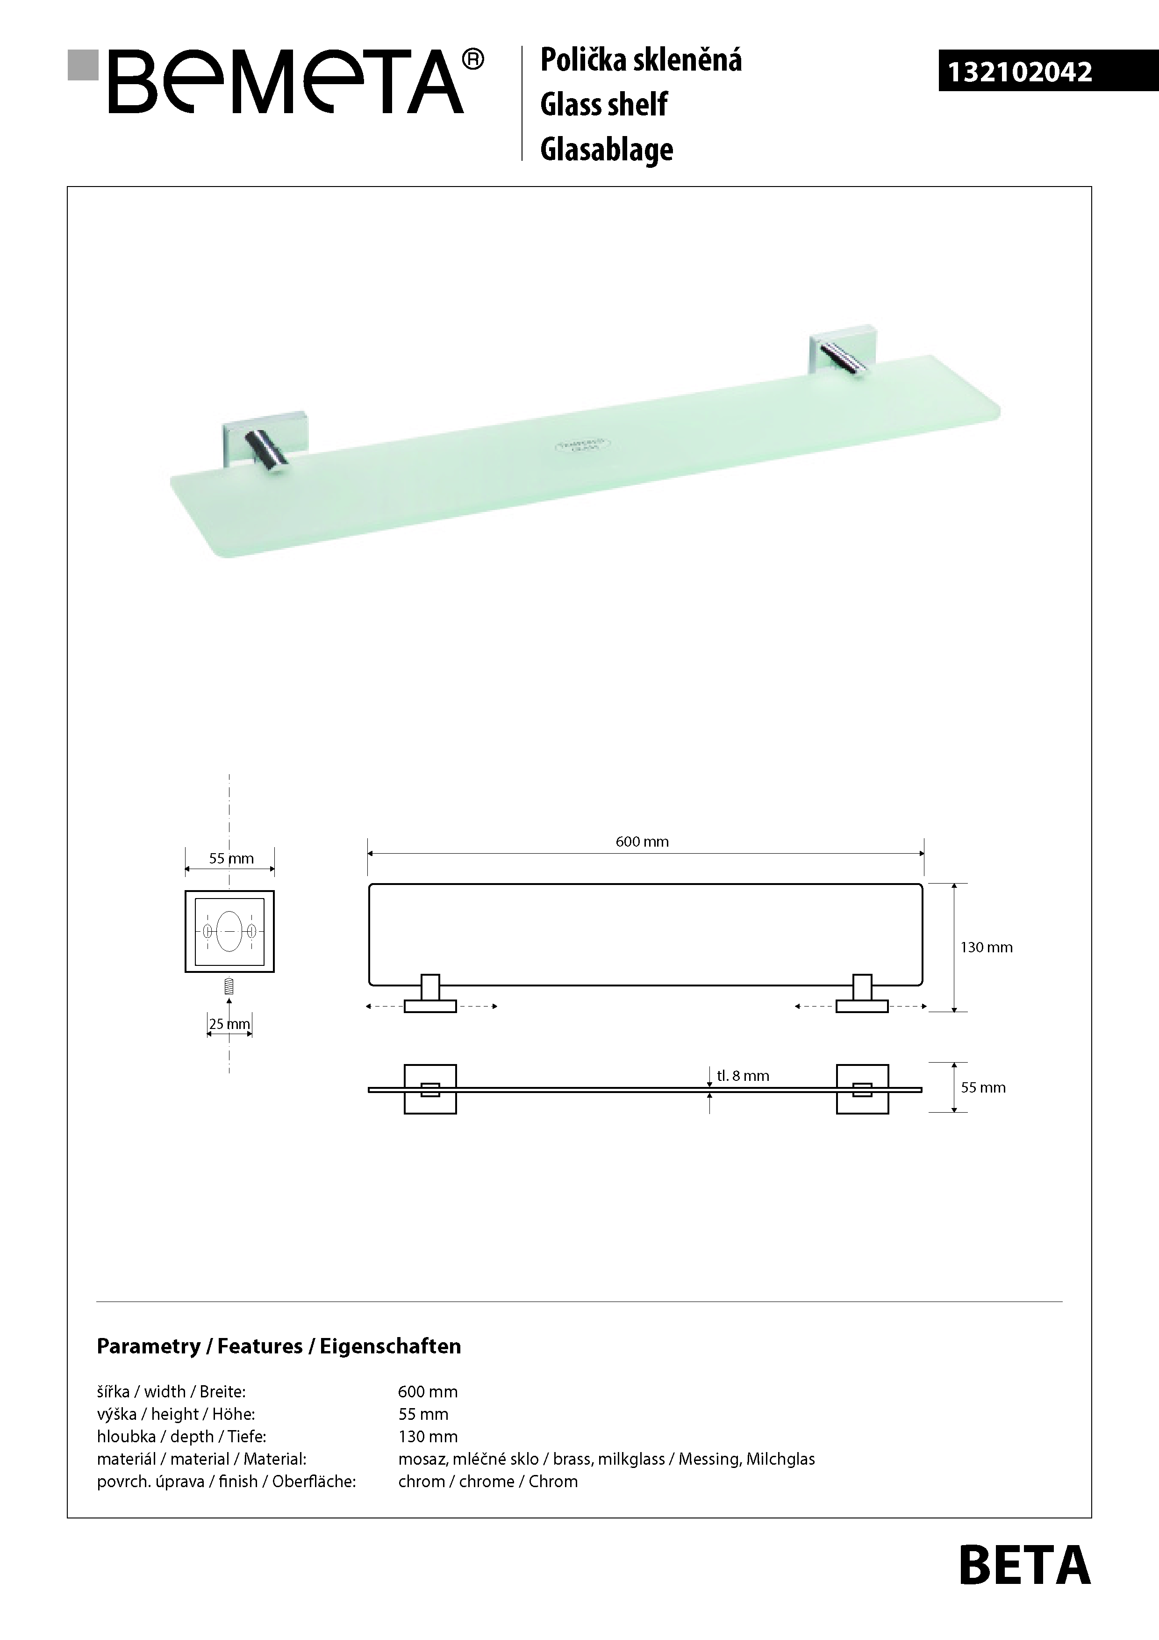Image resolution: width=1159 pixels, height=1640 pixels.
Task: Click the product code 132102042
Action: pyautogui.click(x=1019, y=72)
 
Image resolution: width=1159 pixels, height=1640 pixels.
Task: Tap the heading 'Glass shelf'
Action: pyautogui.click(x=603, y=104)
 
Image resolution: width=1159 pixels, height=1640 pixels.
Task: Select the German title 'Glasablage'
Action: pyautogui.click(x=606, y=149)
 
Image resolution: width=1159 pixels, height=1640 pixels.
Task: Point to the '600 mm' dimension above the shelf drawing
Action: pyautogui.click(x=642, y=842)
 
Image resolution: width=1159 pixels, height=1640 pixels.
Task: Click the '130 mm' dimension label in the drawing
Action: pyautogui.click(x=986, y=947)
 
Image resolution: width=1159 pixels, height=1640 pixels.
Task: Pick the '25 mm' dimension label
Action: pyautogui.click(x=229, y=1023)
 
